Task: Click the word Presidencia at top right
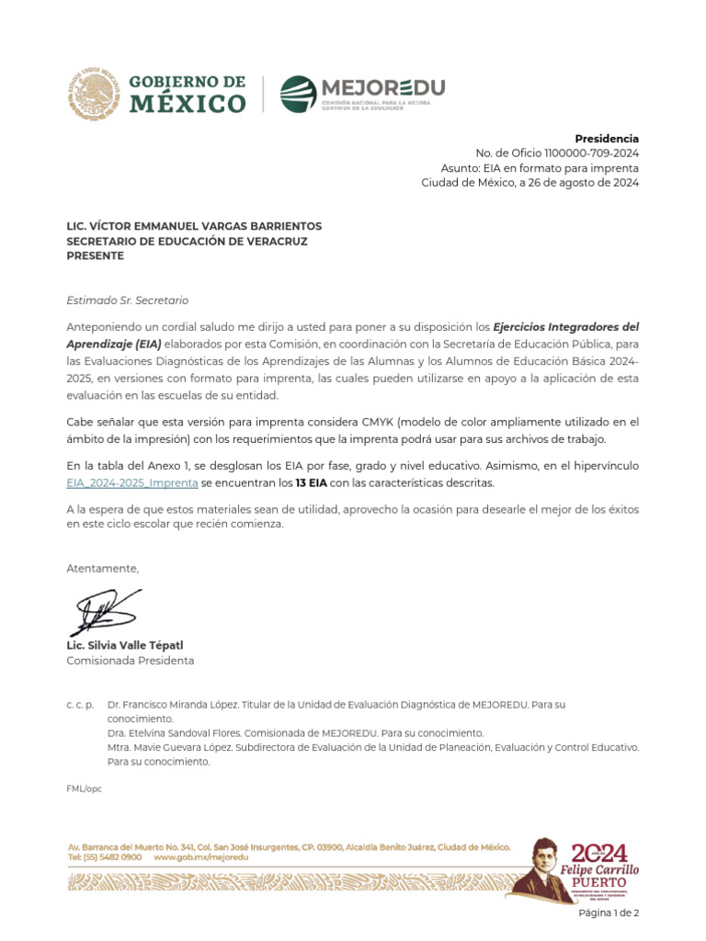pyautogui.click(x=607, y=139)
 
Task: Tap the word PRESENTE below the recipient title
pyautogui.click(x=95, y=256)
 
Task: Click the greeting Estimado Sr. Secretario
pyautogui.click(x=127, y=300)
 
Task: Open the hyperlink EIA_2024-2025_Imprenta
pyautogui.click(x=132, y=482)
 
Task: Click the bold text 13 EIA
pyautogui.click(x=311, y=482)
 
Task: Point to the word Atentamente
pyautogui.click(x=102, y=569)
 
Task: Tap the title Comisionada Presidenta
pyautogui.click(x=130, y=661)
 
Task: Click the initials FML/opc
pyautogui.click(x=84, y=789)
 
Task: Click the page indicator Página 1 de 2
pyautogui.click(x=608, y=913)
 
